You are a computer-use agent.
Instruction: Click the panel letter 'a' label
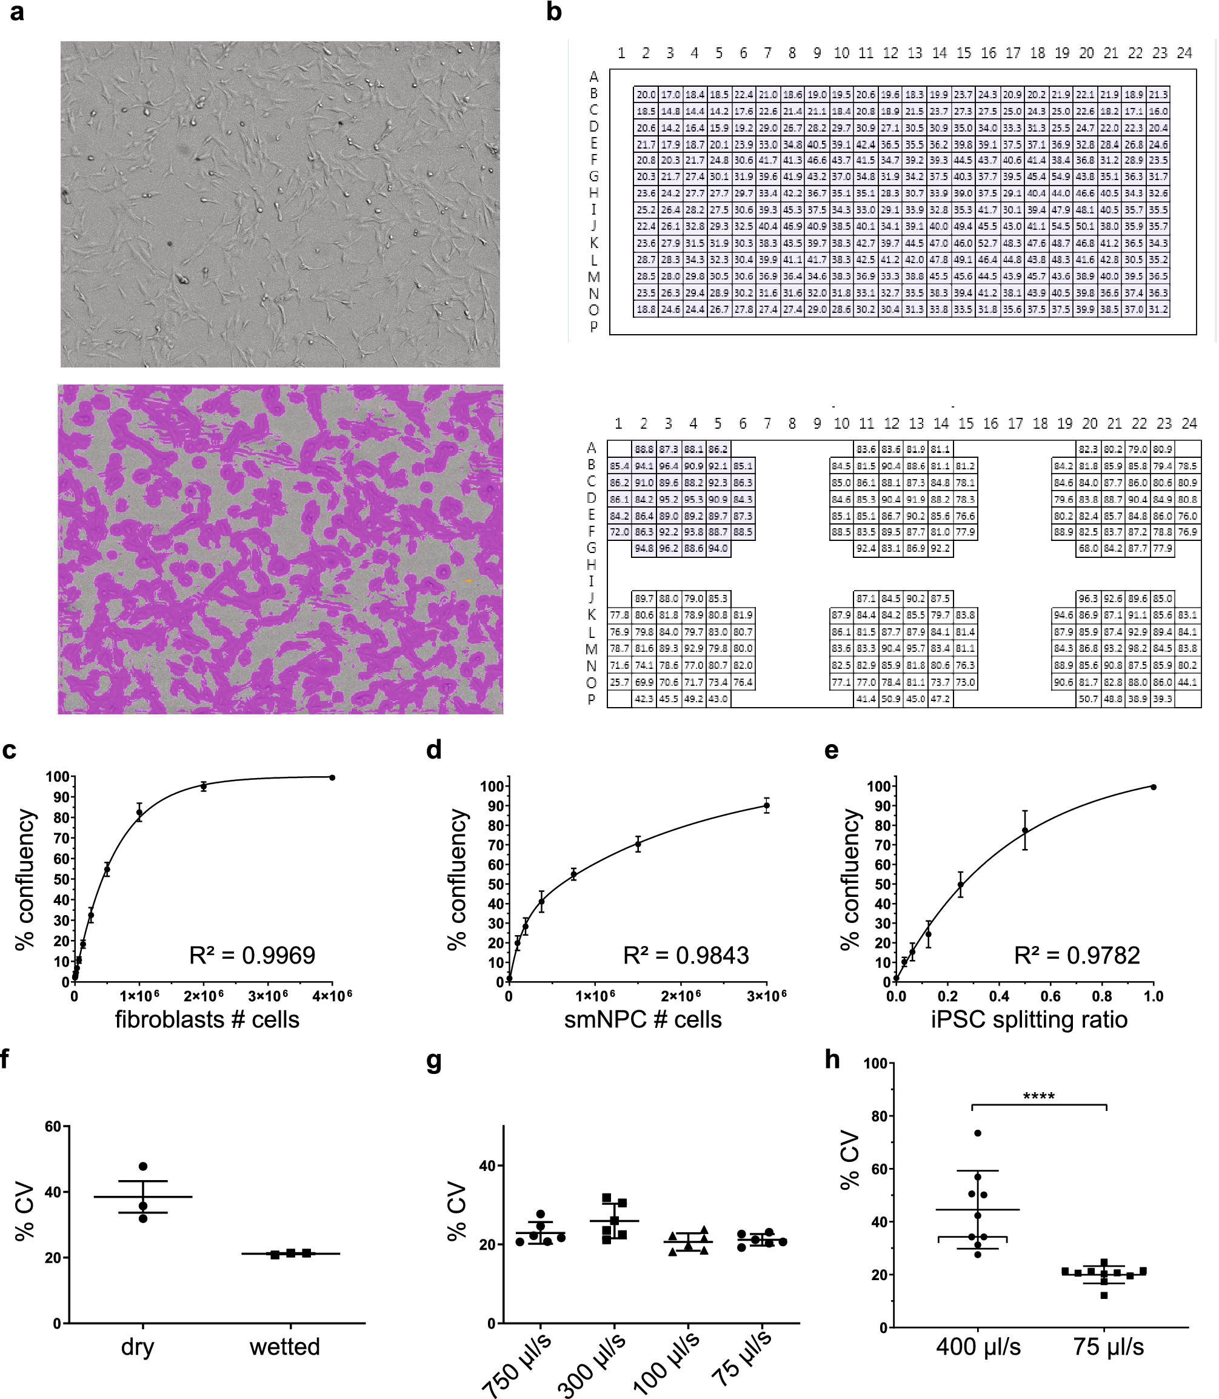16,12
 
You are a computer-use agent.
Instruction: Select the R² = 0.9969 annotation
252,955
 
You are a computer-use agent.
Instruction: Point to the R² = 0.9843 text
686,955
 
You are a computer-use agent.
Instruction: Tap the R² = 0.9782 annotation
1077,955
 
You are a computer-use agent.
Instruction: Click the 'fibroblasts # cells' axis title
207,1019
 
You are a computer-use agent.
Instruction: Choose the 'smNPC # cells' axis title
643,1019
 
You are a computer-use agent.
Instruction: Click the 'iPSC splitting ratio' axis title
1029,1019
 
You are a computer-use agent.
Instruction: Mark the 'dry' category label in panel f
138,1347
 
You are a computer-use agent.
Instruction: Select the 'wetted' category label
284,1347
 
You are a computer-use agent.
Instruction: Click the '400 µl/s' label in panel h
978,1347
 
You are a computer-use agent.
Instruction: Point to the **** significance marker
1039,1097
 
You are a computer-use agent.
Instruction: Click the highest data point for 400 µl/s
978,1133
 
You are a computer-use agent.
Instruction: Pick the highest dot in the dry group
143,1166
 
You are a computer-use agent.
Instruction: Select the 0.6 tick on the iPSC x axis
1050,997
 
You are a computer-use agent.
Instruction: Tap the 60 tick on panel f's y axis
53,1127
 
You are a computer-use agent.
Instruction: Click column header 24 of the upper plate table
1184,53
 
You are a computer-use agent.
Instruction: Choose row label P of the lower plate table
591,700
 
